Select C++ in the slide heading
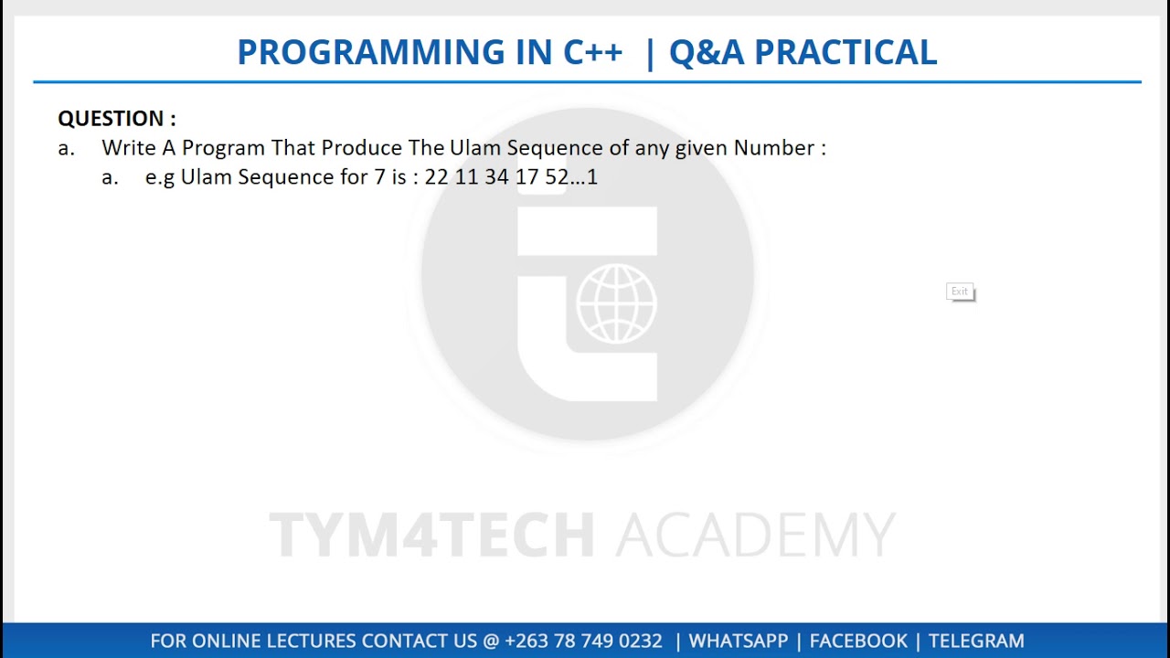point(592,53)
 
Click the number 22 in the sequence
point(437,177)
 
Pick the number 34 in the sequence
point(496,177)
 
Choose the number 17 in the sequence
point(526,177)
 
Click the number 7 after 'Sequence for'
point(379,177)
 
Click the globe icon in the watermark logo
point(616,304)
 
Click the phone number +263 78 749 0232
point(583,642)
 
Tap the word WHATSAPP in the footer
point(737,642)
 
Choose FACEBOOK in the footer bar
point(858,642)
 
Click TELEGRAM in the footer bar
point(976,642)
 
